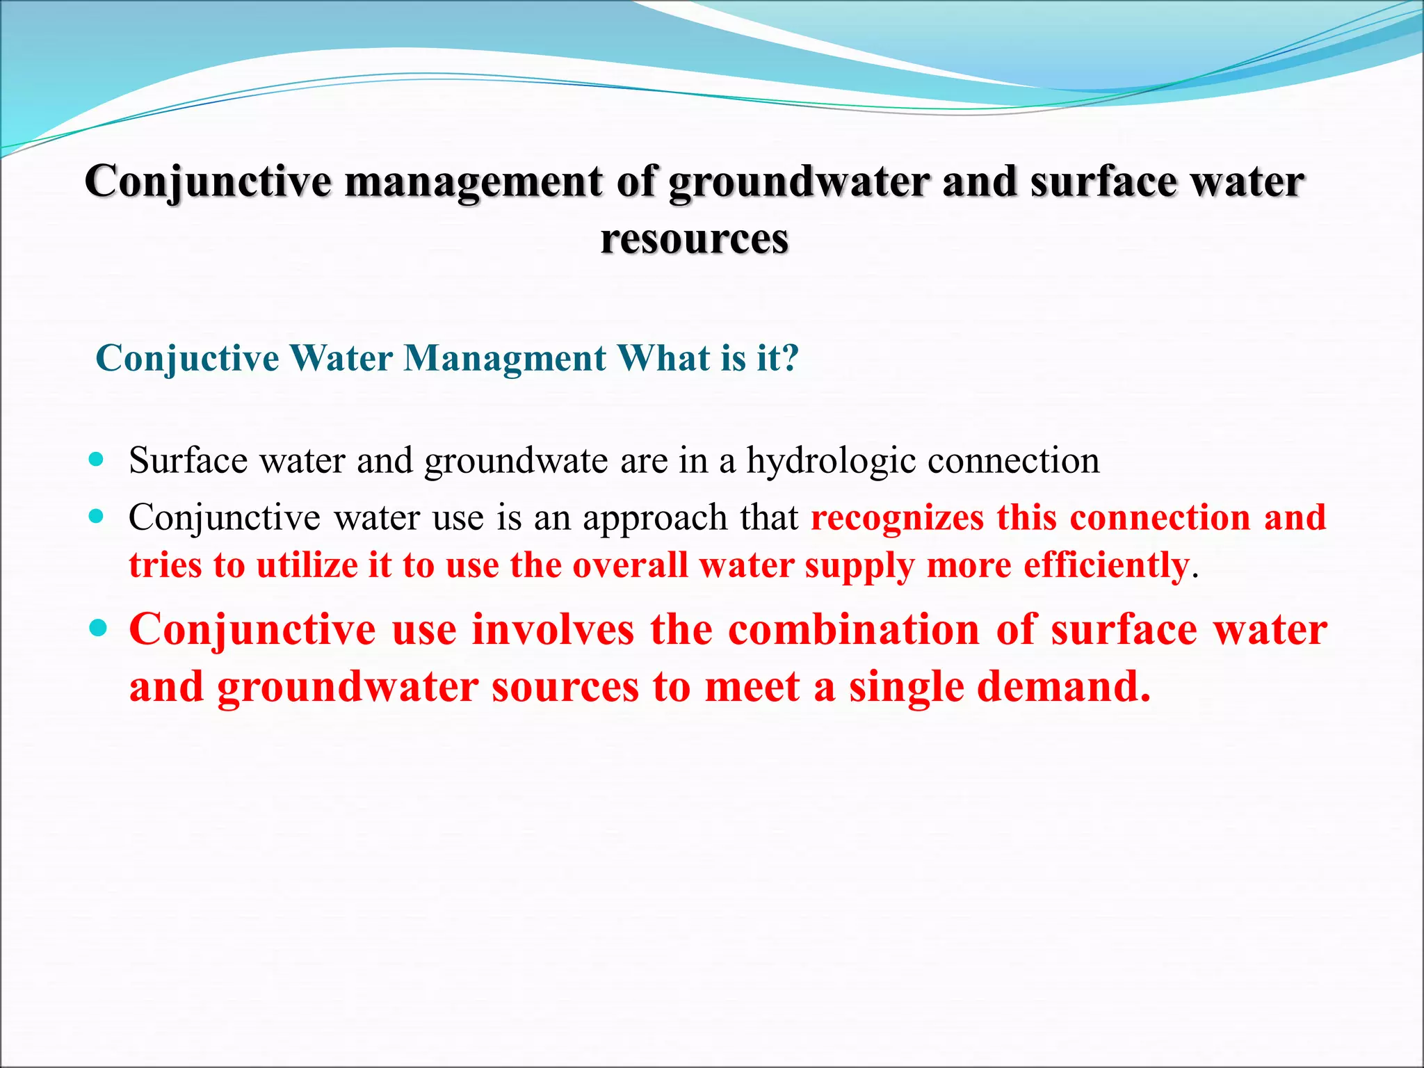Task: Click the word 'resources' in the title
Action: pos(694,240)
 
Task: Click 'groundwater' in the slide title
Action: pos(798,183)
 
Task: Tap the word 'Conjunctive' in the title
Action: pos(208,183)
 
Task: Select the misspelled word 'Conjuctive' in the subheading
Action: pos(187,359)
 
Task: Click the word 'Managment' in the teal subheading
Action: pos(505,359)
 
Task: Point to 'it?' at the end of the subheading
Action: pos(777,359)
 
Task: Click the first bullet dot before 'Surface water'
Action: pos(97,460)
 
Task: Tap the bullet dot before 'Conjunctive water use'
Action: pos(97,517)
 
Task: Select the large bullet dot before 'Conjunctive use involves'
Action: pos(98,629)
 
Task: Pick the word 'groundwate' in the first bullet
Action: pos(516,461)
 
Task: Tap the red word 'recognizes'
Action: pos(897,519)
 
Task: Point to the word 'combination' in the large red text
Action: pos(854,630)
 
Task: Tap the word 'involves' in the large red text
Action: pos(553,630)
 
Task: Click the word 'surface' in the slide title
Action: pos(1104,183)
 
